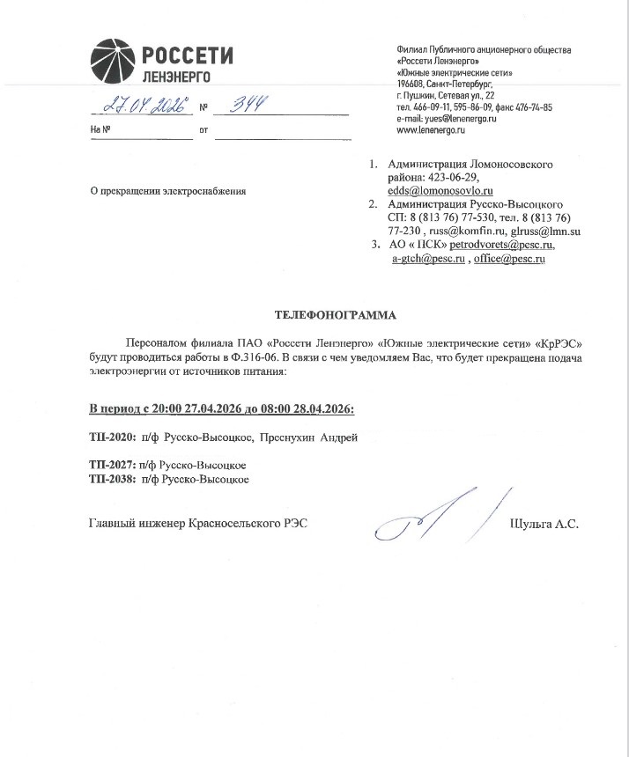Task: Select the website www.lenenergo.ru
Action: [431, 129]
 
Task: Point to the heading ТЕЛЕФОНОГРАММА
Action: [336, 313]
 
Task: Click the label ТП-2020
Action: [110, 437]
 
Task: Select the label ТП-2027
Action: [110, 466]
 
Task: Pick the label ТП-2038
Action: [110, 480]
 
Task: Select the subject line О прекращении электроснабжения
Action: [168, 191]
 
